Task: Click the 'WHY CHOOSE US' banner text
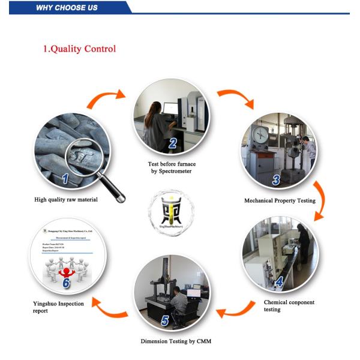coord(67,8)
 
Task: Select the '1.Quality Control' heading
coord(79,49)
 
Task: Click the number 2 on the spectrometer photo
coord(173,143)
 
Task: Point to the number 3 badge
coord(276,179)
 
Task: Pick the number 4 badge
coord(279,281)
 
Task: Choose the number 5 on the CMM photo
coord(164,321)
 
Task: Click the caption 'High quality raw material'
coord(65,200)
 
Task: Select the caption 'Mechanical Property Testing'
coord(279,200)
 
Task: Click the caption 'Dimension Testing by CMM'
coord(176,341)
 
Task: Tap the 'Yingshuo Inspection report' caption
coord(58,307)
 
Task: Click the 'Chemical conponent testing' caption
coord(289,306)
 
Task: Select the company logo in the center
coord(171,212)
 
